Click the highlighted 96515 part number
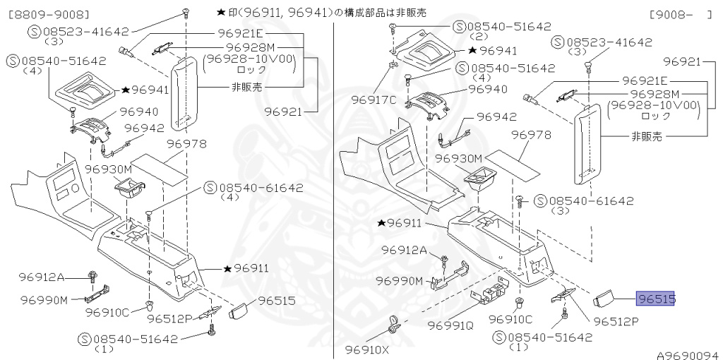(656, 299)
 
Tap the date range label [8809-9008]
(49, 13)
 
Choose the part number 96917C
(374, 100)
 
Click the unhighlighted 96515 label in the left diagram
(276, 301)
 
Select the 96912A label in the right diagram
(405, 250)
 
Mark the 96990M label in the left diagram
(44, 300)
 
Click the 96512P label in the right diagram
(616, 320)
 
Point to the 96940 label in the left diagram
(139, 111)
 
